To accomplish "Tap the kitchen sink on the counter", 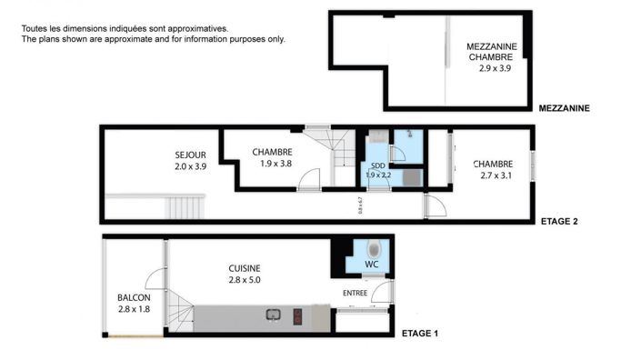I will pos(272,316).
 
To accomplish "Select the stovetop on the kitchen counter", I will pos(297,316).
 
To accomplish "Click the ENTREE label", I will pos(356,293).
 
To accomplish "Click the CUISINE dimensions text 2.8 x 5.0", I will pos(245,280).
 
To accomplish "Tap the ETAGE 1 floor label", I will pos(420,334).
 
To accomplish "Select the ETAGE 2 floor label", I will pos(559,220).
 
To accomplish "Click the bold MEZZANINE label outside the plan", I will pos(564,108).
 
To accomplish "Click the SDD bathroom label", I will pos(377,165).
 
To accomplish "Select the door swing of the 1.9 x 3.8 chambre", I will pos(310,177).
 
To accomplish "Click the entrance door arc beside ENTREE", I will pos(384,291).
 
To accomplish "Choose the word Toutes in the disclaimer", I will pos(35,29).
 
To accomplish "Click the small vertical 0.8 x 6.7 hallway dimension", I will pos(361,205).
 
